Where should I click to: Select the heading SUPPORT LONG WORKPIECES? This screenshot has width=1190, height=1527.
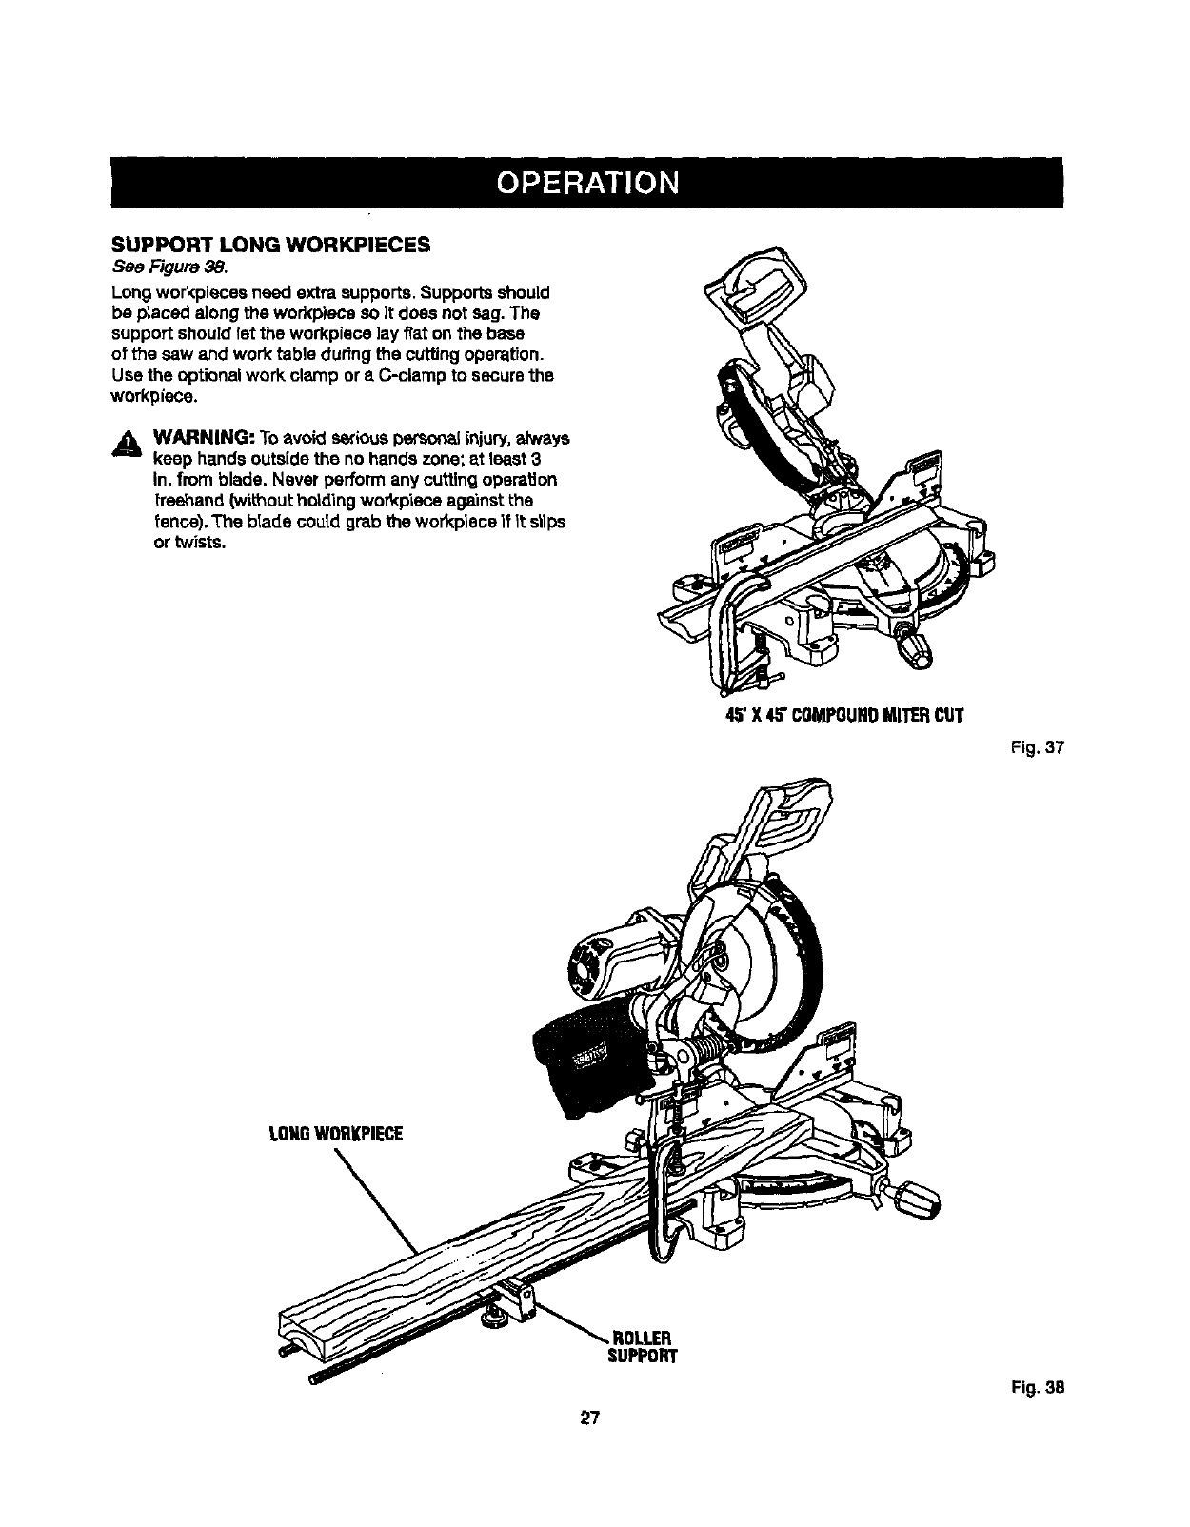pyautogui.click(x=283, y=245)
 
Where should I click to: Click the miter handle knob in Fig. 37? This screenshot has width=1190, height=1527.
pyautogui.click(x=918, y=650)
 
